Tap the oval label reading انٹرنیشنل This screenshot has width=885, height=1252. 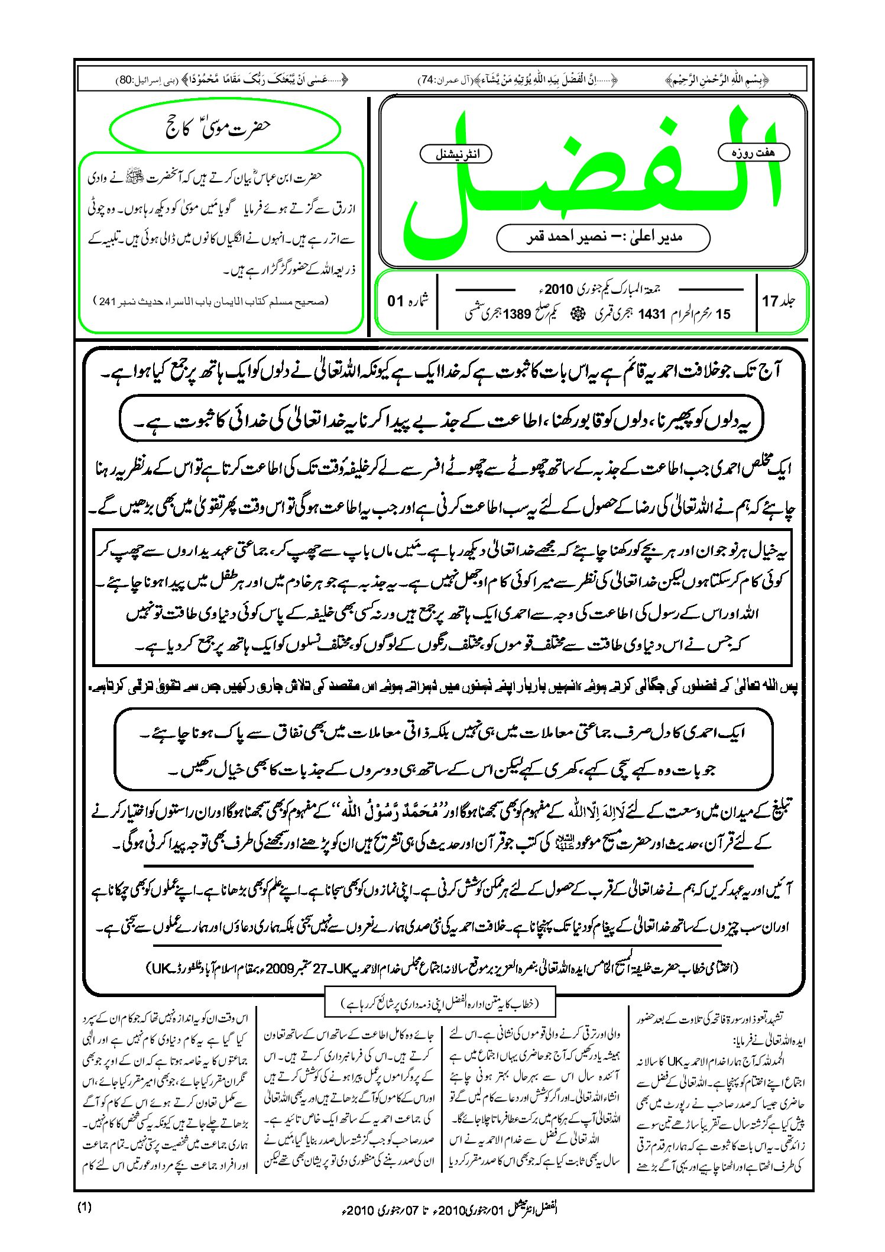(456, 154)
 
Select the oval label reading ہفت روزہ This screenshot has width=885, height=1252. (753, 153)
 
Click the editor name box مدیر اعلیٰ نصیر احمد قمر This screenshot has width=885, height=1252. (603, 238)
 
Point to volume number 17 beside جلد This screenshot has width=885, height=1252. (770, 302)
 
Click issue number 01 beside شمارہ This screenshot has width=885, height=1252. (395, 301)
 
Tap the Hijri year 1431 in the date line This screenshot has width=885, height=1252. (652, 315)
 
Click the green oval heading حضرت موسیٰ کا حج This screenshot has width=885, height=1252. (225, 128)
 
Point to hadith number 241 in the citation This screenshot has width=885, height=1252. (108, 302)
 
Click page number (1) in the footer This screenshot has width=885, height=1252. (85, 1207)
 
